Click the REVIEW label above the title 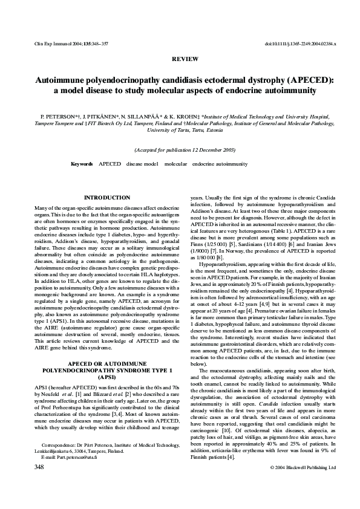pyautogui.click(x=180, y=60)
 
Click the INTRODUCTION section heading pyautogui.click(x=107, y=198)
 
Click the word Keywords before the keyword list pyautogui.click(x=82, y=164)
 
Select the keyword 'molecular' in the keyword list pyautogui.click(x=176, y=164)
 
